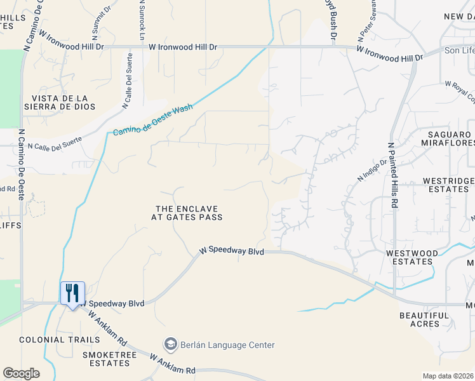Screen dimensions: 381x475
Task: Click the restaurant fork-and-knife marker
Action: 72,293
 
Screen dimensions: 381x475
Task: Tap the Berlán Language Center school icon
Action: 170,345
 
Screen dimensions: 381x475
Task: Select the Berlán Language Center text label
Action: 227,345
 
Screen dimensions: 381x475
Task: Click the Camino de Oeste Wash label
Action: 153,120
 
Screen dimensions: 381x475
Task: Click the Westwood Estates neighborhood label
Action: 412,257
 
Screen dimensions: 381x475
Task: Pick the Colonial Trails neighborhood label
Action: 51,340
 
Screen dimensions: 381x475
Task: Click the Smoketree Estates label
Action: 106,359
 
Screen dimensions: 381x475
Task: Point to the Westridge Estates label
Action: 448,185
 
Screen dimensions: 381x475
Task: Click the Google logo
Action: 21,373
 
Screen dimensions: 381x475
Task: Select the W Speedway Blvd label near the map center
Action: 231,251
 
